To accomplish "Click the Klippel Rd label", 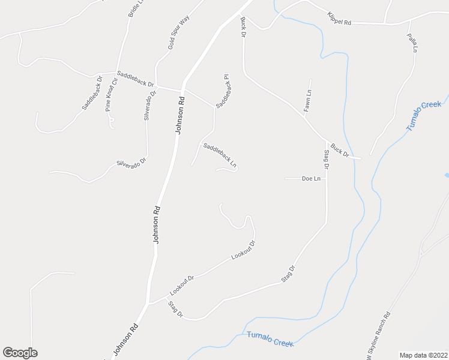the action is coord(339,18).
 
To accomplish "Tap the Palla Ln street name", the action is coord(412,43).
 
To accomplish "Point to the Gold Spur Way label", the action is coord(178,32).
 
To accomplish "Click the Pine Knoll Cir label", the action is coord(111,94).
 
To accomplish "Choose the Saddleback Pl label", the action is coord(223,91).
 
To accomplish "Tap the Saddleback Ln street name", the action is coord(220,155).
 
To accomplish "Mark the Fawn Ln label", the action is coord(307,101).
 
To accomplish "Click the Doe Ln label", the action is coord(311,179).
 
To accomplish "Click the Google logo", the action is coord(20,353).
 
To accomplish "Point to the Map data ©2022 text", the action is coord(423,355).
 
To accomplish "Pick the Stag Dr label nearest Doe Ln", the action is coord(327,162).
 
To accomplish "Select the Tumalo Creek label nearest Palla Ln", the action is coord(423,115).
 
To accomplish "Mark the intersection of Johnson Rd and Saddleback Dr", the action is coord(183,89).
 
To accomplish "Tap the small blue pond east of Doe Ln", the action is coord(447,175).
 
